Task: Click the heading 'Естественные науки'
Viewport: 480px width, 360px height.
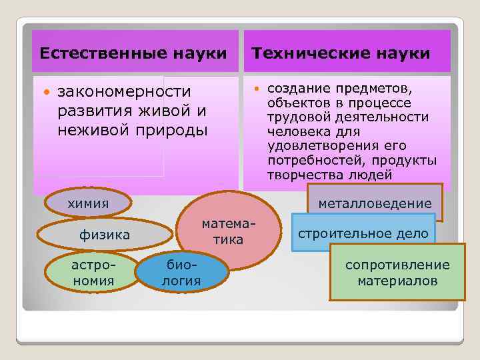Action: (x=133, y=53)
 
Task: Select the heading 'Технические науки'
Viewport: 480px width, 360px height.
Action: (x=340, y=53)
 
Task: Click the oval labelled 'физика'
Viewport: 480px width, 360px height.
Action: (x=104, y=235)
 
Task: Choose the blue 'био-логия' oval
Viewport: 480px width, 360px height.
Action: (x=181, y=272)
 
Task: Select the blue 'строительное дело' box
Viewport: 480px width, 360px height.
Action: (x=363, y=234)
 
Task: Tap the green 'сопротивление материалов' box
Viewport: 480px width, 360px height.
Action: (x=397, y=273)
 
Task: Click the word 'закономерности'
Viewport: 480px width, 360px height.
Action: (x=124, y=91)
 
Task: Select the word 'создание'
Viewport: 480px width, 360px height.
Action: (x=295, y=89)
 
